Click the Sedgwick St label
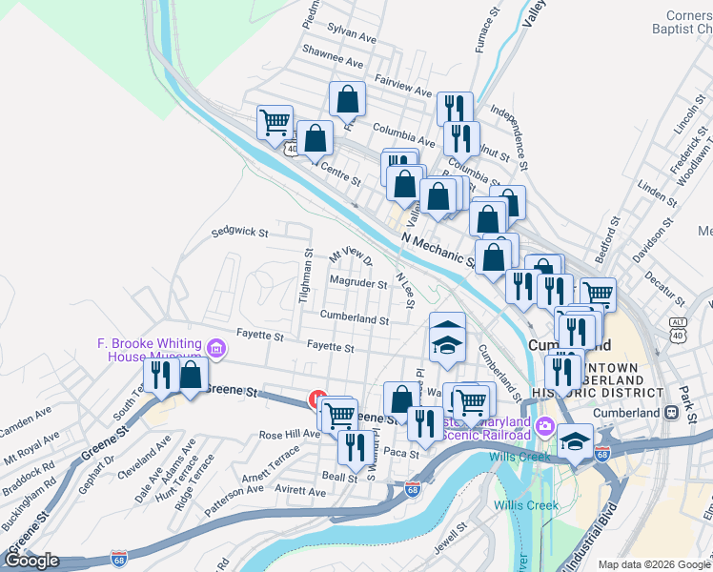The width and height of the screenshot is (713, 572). pos(239,231)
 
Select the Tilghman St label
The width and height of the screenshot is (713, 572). pos(307,276)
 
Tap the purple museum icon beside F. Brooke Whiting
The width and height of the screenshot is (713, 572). pos(216,349)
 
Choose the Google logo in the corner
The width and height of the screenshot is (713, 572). pos(31,561)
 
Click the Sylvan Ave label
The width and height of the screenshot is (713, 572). pos(346,30)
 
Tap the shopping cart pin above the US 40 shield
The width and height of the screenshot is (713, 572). pos(275,122)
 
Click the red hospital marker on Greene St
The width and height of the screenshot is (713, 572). pos(316,401)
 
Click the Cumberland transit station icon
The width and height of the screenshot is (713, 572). pos(670,413)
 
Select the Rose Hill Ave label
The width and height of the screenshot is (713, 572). pos(290,435)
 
